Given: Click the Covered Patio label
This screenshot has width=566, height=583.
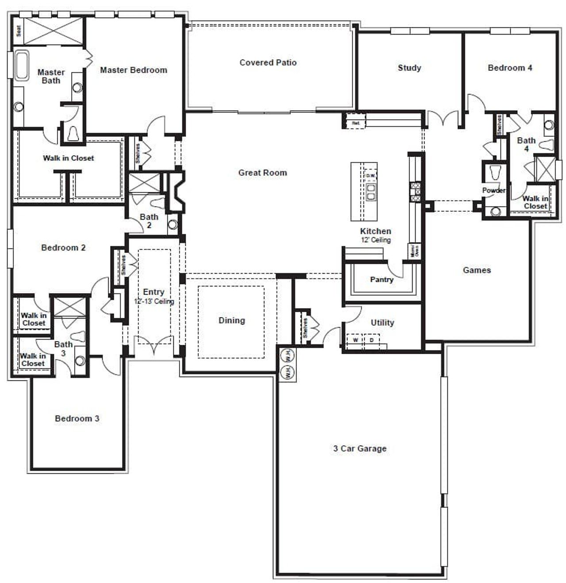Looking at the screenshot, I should [x=268, y=62].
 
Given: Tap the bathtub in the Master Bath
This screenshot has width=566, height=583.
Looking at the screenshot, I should [x=22, y=66].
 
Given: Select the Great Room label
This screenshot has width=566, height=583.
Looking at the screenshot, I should [x=263, y=173].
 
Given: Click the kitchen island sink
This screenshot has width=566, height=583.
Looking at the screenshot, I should [x=371, y=191].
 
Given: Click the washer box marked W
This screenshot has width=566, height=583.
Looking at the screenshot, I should [x=355, y=340].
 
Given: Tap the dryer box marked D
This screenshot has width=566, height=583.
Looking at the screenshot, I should [x=371, y=340].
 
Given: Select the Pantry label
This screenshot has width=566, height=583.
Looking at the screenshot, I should [x=382, y=280].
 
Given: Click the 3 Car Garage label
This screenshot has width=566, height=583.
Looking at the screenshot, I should [x=359, y=448].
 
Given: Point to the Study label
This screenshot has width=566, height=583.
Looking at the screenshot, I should [x=409, y=68].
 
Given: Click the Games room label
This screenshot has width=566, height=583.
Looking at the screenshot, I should [x=477, y=270].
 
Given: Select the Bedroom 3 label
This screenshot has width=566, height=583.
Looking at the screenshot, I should [x=77, y=418].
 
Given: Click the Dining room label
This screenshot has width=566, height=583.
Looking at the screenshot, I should [x=232, y=320].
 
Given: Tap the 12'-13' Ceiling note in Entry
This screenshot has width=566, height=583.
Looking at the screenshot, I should [x=154, y=301].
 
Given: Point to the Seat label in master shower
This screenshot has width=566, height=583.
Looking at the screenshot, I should [x=19, y=31].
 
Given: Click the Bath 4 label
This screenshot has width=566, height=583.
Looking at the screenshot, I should [x=526, y=144].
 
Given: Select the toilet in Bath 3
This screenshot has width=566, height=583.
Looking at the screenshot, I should [x=78, y=336].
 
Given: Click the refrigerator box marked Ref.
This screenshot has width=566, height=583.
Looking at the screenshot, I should [x=356, y=123].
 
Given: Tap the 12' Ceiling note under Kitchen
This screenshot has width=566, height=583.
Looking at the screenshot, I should [x=375, y=240].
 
